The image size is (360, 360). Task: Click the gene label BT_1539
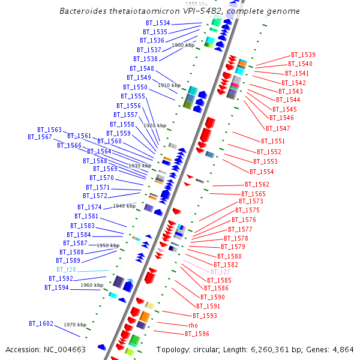click(x=303, y=55)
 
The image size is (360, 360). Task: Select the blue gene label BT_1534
click(x=157, y=23)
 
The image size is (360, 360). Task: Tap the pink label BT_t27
click(x=220, y=272)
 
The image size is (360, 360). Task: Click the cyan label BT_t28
click(x=66, y=270)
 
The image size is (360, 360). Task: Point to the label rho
click(x=193, y=325)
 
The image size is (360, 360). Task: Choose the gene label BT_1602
click(x=41, y=323)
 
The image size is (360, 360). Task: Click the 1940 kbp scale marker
click(x=124, y=206)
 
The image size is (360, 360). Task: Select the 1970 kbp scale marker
click(x=75, y=325)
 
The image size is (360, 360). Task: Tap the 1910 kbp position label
click(x=169, y=86)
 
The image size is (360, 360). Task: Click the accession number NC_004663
click(x=66, y=349)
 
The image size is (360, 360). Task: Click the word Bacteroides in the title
click(x=83, y=11)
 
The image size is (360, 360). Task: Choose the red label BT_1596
click(x=197, y=334)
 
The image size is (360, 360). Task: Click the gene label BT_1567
click(x=40, y=137)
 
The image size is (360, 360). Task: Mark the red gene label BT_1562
click(x=257, y=185)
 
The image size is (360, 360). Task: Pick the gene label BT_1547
click(x=278, y=128)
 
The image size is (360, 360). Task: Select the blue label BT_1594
click(x=56, y=287)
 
